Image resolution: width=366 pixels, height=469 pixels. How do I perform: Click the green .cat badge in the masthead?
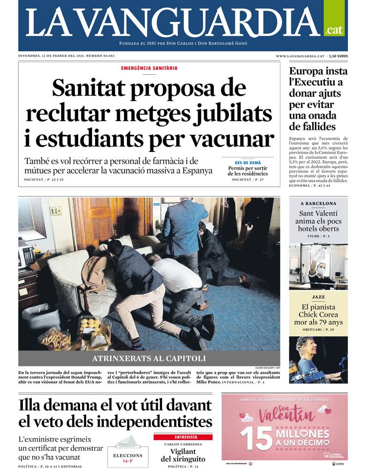pyautogui.click(x=334, y=29)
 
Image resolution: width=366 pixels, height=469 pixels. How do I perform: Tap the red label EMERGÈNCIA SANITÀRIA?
pyautogui.click(x=149, y=68)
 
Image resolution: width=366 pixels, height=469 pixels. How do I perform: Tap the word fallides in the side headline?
pyautogui.click(x=312, y=127)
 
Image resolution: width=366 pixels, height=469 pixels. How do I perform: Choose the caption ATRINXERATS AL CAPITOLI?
pyautogui.click(x=149, y=358)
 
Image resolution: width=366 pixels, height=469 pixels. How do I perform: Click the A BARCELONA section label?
pyautogui.click(x=318, y=203)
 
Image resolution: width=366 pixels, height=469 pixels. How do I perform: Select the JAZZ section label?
pyautogui.click(x=318, y=297)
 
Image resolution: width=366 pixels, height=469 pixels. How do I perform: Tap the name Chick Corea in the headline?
pyautogui.click(x=318, y=314)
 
